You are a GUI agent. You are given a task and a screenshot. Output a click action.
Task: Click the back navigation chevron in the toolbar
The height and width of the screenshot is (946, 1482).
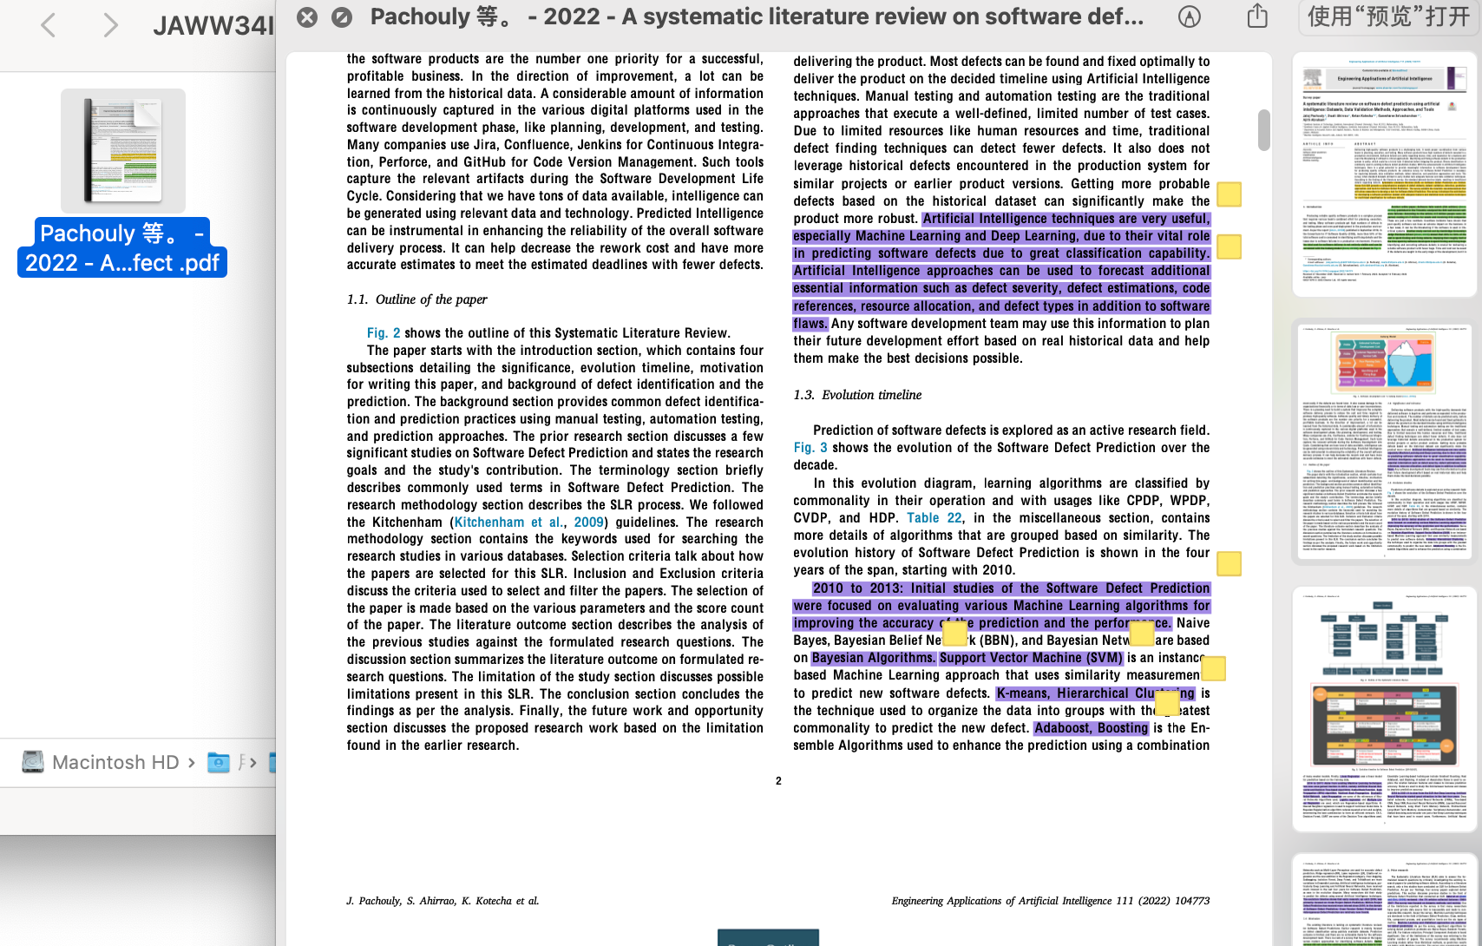tap(49, 25)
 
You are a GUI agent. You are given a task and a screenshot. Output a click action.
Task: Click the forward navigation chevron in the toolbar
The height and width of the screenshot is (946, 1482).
tap(109, 25)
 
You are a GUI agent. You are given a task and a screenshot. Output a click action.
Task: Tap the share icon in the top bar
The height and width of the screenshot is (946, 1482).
tap(1257, 16)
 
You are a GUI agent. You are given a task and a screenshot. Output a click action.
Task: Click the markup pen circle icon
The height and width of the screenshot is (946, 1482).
tap(1190, 16)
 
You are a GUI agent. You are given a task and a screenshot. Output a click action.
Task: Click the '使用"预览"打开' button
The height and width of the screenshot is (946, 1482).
tap(1388, 16)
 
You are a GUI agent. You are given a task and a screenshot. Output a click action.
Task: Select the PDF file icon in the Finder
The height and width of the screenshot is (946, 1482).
tap(122, 150)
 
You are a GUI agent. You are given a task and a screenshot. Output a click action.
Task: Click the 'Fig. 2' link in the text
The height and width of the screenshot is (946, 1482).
tap(384, 333)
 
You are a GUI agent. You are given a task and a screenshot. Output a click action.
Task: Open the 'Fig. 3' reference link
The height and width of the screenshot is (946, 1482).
tap(810, 448)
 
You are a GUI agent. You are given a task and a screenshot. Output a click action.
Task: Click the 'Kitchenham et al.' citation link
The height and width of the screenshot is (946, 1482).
tap(508, 522)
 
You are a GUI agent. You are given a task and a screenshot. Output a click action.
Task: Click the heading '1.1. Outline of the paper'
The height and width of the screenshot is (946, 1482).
tap(417, 299)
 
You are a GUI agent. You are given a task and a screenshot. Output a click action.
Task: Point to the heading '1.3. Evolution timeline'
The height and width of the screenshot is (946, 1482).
tap(857, 395)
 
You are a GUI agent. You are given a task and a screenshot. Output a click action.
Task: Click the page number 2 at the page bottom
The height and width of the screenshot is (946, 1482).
tap(778, 781)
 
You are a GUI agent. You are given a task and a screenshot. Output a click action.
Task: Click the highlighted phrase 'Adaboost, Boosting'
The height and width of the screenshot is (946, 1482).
tap(1091, 728)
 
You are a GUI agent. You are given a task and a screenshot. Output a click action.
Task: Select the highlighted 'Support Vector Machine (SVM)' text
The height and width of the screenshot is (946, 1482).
tap(1031, 658)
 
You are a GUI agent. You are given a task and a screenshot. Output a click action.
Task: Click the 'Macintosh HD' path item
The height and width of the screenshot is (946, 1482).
tap(115, 762)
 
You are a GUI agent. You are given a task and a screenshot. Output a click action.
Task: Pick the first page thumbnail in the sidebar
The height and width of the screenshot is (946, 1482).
tap(1384, 173)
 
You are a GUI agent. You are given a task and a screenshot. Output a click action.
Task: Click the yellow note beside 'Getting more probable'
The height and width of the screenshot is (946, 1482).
tap(1229, 194)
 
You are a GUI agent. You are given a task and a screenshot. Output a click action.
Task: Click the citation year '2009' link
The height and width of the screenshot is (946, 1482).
tap(588, 522)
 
